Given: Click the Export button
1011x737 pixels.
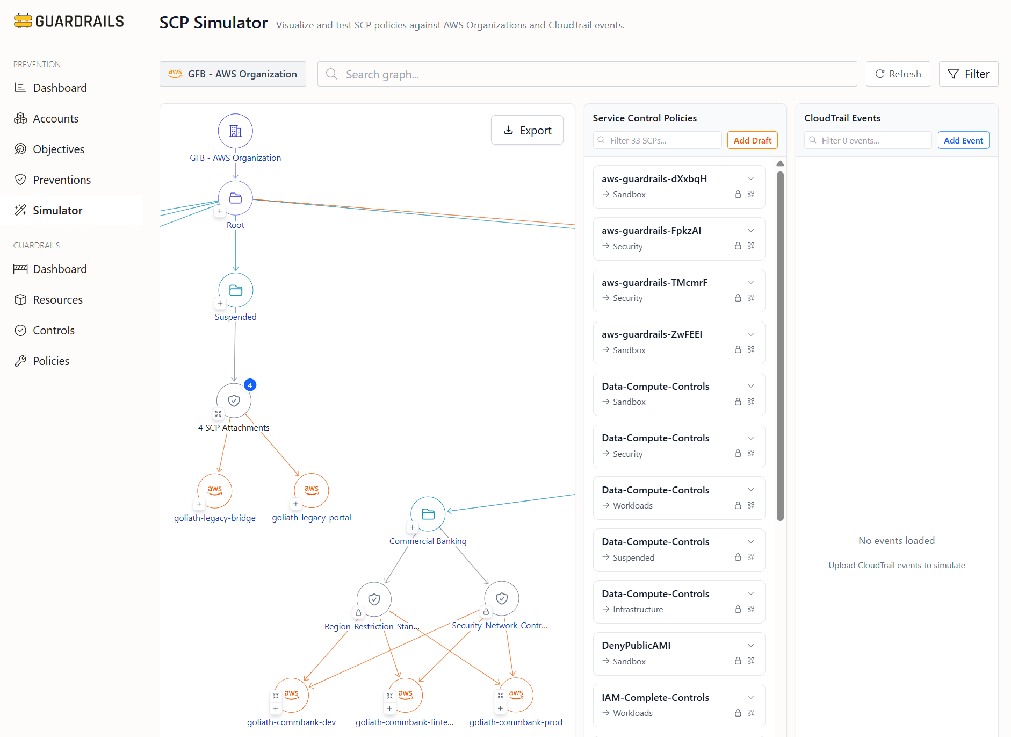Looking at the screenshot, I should click(x=527, y=130).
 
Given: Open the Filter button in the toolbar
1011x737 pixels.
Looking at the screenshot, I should click(x=968, y=74).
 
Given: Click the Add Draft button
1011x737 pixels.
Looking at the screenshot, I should click(x=752, y=140).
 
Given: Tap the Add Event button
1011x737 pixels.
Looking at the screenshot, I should click(x=963, y=140).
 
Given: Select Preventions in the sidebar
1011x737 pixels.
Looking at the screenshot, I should click(x=62, y=180).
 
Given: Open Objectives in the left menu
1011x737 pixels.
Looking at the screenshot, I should click(x=59, y=149).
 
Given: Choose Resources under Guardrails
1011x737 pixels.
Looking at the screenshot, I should click(x=57, y=299).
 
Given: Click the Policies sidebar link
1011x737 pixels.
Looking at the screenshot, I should click(x=51, y=361).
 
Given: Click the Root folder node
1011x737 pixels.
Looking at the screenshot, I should click(x=235, y=198).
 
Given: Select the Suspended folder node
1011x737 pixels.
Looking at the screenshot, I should click(x=235, y=290).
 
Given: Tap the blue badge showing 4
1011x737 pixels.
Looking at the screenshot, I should click(x=250, y=385).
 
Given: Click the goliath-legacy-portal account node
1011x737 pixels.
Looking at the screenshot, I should click(x=312, y=490).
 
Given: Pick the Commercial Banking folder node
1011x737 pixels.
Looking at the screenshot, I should click(x=428, y=514).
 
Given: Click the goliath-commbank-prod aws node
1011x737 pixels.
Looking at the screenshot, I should click(x=516, y=695).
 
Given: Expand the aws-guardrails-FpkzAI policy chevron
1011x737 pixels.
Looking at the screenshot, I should click(x=751, y=231).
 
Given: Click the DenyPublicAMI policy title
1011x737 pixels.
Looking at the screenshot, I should click(x=636, y=645).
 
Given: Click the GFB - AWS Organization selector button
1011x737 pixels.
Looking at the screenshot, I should click(x=233, y=74).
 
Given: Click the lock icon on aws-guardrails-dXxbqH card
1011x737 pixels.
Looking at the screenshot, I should click(x=738, y=194).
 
